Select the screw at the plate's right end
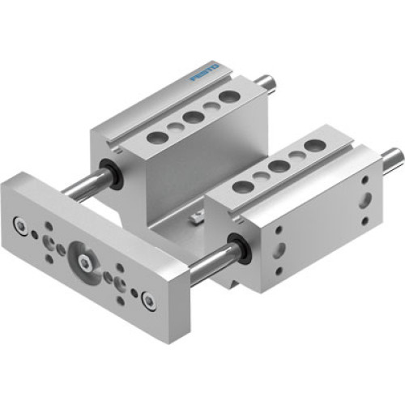coord(148,302)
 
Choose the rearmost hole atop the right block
coord(314,146)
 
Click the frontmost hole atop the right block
coord(240,187)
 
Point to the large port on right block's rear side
coord(367,198)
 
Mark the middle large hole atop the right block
coord(278,166)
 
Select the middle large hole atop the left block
coord(192,117)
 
